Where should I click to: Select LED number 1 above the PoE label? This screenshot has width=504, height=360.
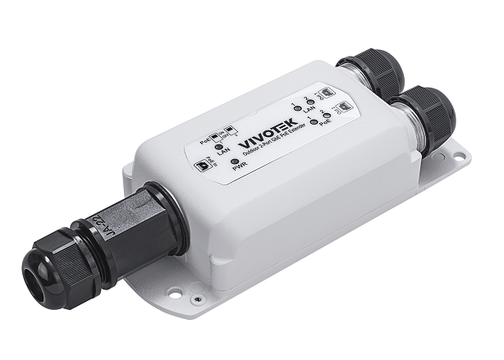pyautogui.click(x=313, y=123)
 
